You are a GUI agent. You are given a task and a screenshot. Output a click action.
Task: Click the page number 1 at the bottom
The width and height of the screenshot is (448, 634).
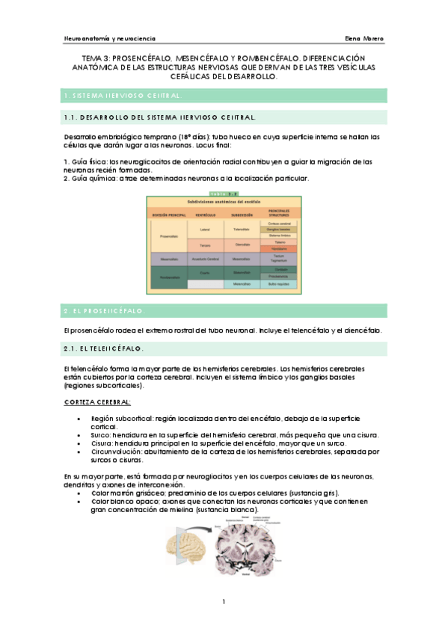[x=224, y=602]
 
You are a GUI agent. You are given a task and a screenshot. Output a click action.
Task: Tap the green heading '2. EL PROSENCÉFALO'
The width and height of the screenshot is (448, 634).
[x=105, y=310]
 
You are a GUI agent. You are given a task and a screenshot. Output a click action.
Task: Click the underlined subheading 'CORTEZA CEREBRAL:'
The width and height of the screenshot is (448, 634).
[x=98, y=402]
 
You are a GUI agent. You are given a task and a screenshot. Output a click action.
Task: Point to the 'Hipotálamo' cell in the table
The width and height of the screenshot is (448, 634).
[x=279, y=248]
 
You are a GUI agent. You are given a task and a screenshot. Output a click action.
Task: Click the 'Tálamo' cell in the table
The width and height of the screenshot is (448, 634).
[x=279, y=241]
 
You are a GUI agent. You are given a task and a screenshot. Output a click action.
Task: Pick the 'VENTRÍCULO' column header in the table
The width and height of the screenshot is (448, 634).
[x=204, y=215]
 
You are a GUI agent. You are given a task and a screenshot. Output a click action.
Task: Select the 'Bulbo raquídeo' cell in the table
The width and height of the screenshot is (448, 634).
[x=279, y=284]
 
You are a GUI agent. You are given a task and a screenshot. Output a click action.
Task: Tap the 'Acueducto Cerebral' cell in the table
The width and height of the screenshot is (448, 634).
[x=204, y=259]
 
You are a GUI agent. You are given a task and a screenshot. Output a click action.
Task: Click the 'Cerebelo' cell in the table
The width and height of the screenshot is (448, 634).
[x=279, y=269]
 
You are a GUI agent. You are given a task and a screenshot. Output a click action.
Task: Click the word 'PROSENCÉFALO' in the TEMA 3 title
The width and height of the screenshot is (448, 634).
[x=141, y=58]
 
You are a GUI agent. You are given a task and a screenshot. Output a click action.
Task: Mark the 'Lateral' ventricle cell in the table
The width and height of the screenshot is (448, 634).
[x=204, y=229]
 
